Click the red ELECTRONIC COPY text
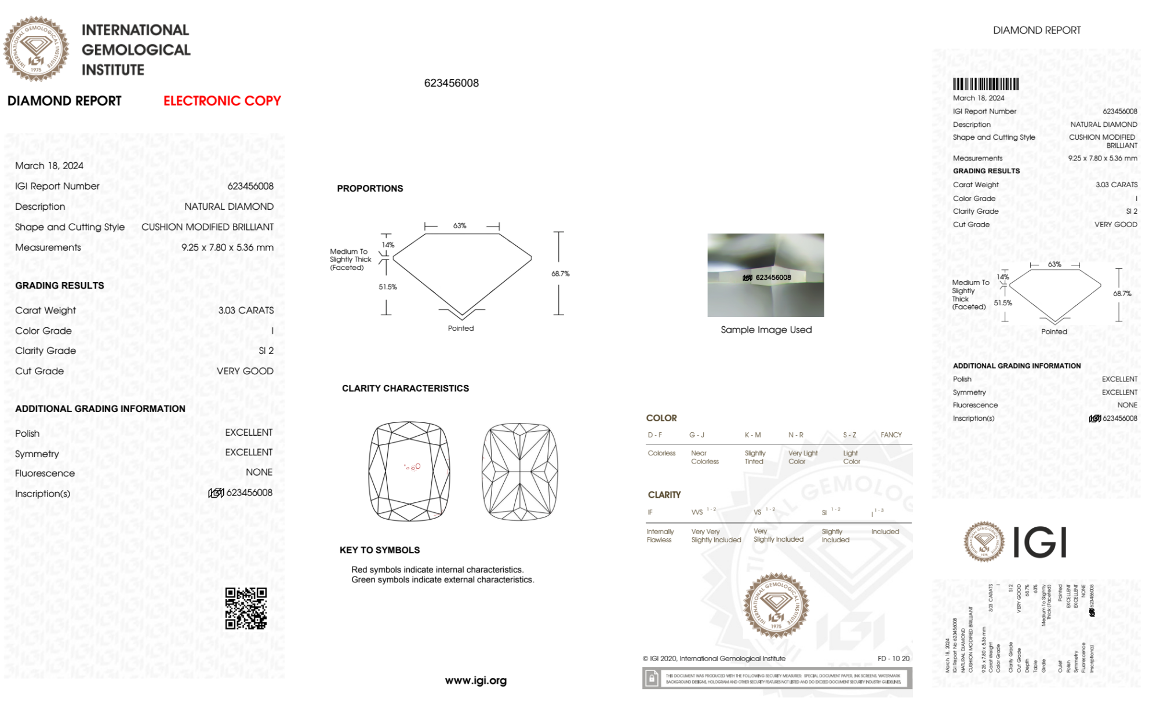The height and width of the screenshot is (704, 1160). click(222, 101)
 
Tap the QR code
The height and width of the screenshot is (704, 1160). click(246, 608)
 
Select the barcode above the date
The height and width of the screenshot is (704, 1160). click(986, 84)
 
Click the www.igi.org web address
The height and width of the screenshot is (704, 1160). click(475, 680)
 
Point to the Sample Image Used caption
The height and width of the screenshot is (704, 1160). click(766, 330)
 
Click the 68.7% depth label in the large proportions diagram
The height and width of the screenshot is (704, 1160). click(560, 273)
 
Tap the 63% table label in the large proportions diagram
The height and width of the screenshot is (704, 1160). click(460, 225)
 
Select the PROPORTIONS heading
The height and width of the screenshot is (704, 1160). click(370, 188)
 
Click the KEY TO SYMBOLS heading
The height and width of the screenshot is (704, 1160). click(380, 550)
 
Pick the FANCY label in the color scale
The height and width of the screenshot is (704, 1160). click(891, 435)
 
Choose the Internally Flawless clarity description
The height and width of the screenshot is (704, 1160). click(660, 535)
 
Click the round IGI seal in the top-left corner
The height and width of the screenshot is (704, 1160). click(36, 49)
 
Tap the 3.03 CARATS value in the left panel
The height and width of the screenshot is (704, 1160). click(246, 311)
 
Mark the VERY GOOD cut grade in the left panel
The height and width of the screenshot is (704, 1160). click(245, 371)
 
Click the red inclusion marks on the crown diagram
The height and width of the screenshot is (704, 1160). click(413, 466)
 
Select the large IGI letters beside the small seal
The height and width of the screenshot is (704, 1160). click(1040, 542)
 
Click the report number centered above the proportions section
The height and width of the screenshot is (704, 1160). click(451, 83)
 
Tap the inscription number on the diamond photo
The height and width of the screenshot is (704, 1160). click(773, 278)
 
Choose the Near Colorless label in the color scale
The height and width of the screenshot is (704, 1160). click(704, 457)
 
